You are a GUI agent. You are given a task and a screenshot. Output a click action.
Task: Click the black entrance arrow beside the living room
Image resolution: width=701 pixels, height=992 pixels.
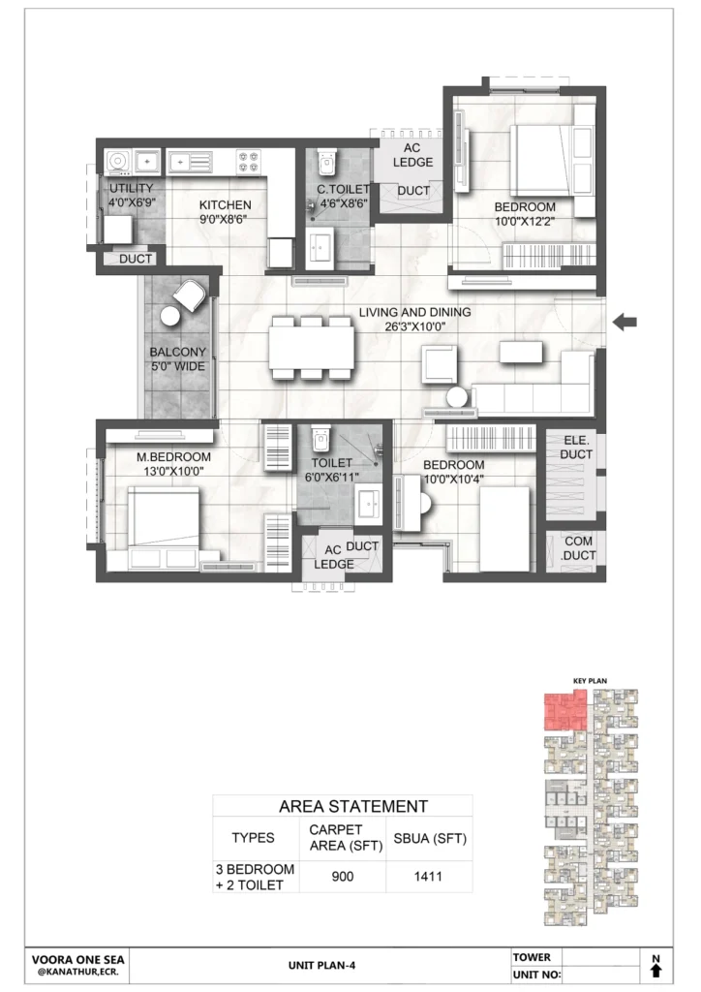(x=625, y=322)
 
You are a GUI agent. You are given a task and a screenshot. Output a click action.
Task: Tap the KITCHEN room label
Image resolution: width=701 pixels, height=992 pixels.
(x=225, y=205)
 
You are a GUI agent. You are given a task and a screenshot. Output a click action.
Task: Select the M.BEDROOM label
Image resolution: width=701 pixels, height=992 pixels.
(x=174, y=457)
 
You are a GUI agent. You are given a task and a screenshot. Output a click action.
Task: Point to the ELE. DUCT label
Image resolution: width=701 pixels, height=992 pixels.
(x=576, y=448)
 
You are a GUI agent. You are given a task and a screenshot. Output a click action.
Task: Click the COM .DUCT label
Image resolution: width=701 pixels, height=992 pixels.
(x=578, y=548)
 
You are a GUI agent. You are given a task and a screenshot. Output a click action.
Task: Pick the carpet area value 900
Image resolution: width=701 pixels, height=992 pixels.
(x=343, y=877)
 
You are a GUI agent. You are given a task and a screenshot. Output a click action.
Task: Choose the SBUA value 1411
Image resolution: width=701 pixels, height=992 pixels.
(x=428, y=877)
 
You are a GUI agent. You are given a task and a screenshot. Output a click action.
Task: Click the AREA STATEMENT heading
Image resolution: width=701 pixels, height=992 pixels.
(x=353, y=807)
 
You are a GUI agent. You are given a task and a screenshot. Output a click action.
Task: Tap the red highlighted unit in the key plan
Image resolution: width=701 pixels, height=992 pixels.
(x=564, y=711)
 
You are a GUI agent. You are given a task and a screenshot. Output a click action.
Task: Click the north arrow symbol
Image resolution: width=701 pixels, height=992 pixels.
(x=655, y=968)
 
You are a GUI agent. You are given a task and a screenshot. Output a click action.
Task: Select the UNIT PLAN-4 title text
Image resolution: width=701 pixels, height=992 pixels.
(x=321, y=966)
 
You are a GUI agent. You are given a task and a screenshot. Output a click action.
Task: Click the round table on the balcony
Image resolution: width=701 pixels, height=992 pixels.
(x=170, y=315)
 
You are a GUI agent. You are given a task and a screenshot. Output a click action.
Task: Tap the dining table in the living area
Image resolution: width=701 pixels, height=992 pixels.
(x=311, y=349)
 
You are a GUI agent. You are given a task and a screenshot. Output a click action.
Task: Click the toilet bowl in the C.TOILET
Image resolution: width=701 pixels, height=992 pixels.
(x=326, y=163)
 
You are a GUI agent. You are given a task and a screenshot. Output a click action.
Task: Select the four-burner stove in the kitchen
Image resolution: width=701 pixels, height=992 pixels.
(x=249, y=162)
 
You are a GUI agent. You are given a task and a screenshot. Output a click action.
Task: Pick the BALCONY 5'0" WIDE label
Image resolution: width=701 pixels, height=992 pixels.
(x=177, y=359)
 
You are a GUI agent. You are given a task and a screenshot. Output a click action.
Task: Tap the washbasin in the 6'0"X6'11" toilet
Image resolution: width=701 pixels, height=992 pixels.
(x=368, y=504)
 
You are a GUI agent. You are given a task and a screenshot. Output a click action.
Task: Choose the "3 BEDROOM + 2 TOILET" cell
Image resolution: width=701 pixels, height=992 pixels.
(x=256, y=877)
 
